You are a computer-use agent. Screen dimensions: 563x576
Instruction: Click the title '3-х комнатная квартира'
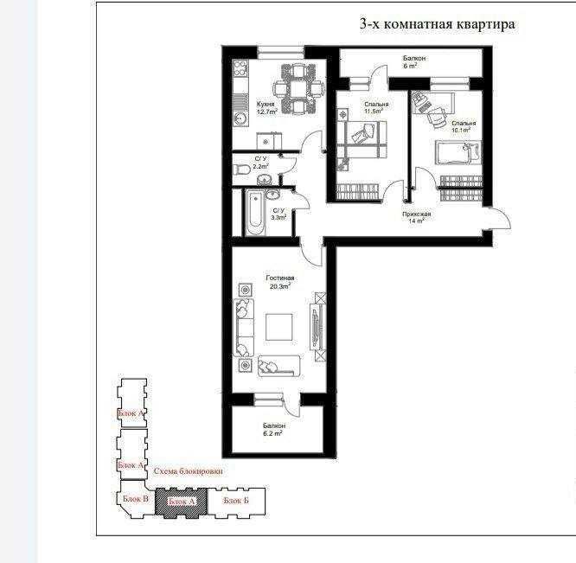(437, 24)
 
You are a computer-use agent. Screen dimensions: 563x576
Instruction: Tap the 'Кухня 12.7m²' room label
(266, 108)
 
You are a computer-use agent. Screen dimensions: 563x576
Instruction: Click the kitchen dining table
(298, 87)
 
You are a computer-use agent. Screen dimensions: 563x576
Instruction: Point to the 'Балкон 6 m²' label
(410, 61)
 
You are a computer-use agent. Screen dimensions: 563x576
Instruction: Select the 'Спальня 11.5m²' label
(376, 108)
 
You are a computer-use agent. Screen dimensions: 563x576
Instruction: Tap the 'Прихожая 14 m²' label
(417, 216)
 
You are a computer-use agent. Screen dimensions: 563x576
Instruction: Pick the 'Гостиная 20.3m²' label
(280, 282)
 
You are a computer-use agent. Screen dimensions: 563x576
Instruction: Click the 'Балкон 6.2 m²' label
(275, 431)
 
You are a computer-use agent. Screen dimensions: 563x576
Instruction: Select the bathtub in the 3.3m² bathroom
(253, 213)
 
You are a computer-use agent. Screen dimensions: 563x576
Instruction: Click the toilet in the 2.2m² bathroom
(240, 170)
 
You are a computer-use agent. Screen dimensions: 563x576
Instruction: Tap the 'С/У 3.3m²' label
(278, 214)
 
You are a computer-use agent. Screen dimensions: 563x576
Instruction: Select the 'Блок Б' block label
(236, 501)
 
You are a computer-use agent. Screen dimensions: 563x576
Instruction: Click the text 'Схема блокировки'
(188, 472)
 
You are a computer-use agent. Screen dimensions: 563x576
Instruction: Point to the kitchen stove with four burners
(240, 67)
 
